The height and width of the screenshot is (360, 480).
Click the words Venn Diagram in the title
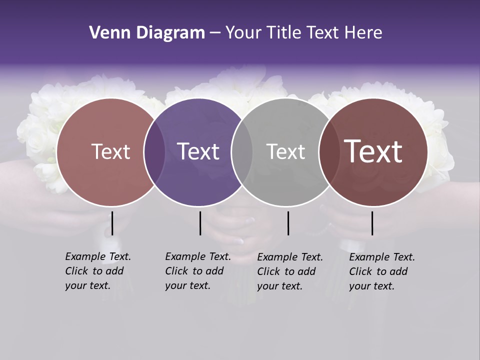click(147, 33)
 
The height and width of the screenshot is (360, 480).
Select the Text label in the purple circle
click(198, 151)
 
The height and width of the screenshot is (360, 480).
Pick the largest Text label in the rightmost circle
click(373, 151)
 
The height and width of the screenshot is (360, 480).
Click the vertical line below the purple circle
click(200, 223)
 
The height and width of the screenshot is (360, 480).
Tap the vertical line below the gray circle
click(288, 223)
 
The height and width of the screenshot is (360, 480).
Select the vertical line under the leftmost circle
click(112, 223)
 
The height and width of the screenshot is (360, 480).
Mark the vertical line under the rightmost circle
click(372, 223)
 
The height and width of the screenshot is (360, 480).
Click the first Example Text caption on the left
click(98, 271)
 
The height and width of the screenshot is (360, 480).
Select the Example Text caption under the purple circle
click(198, 271)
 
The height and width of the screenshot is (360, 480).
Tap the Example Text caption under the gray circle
click(290, 271)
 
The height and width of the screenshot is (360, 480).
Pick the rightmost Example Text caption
click(382, 271)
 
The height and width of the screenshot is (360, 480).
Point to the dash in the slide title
click(215, 33)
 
